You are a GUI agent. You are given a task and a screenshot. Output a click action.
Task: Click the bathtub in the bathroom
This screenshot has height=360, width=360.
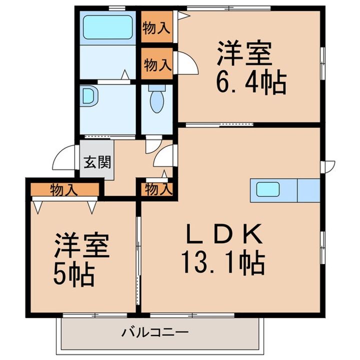click(107, 27)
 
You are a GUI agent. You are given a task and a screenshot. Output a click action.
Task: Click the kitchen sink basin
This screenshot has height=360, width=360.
click(267, 189)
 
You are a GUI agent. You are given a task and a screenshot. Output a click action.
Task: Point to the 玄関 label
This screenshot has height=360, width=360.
click(97, 162)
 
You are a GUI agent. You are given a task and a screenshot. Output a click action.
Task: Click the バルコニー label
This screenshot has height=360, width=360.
click(155, 332)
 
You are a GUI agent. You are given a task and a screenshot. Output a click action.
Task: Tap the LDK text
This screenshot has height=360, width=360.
click(225, 234)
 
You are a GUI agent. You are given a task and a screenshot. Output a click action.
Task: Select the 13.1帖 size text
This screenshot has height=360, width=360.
click(223, 263)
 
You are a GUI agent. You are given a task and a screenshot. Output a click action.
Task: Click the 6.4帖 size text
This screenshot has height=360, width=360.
click(250, 82)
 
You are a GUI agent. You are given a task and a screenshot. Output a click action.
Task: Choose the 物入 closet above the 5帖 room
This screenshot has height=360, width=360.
click(64, 189)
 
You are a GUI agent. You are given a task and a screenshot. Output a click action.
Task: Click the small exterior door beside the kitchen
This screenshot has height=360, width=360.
click(328, 166)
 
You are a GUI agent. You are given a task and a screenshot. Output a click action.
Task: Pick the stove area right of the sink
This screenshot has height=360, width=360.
click(309, 190)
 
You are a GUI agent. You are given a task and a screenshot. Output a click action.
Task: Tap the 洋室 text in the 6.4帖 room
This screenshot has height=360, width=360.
click(244, 53)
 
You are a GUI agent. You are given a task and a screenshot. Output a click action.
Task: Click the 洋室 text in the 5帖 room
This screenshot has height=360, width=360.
click(82, 245)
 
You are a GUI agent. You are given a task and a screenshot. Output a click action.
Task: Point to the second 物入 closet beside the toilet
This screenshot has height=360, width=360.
click(158, 64)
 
